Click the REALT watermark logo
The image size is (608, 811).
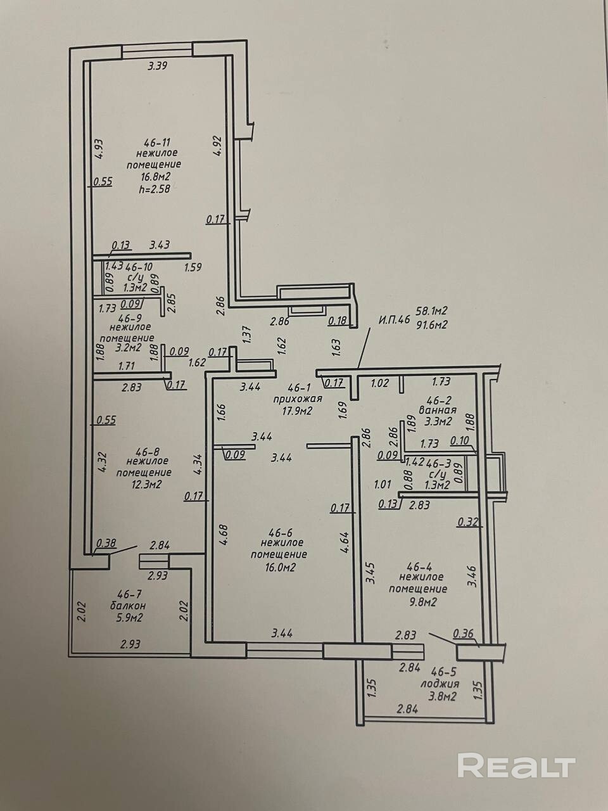tap(516, 765)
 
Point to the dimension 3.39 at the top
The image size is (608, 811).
tap(157, 65)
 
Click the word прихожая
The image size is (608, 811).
tap(298, 399)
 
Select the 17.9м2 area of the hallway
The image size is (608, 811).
tap(298, 410)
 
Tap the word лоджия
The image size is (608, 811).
tap(439, 684)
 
